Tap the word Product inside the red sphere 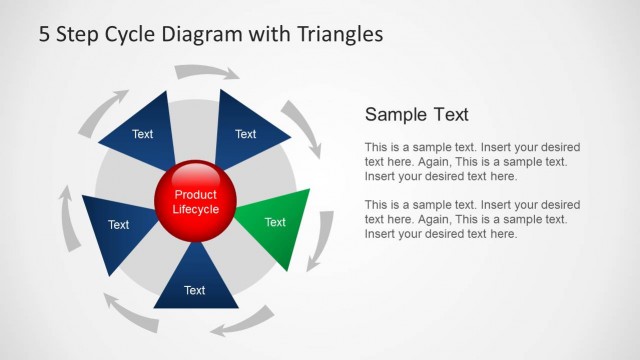tap(195, 194)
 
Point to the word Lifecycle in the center tap(195, 210)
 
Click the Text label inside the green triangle tap(275, 222)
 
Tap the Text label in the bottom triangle tap(195, 290)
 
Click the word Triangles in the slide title tap(340, 34)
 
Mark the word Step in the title tap(81, 34)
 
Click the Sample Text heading tap(417, 114)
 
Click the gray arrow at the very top tap(206, 72)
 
